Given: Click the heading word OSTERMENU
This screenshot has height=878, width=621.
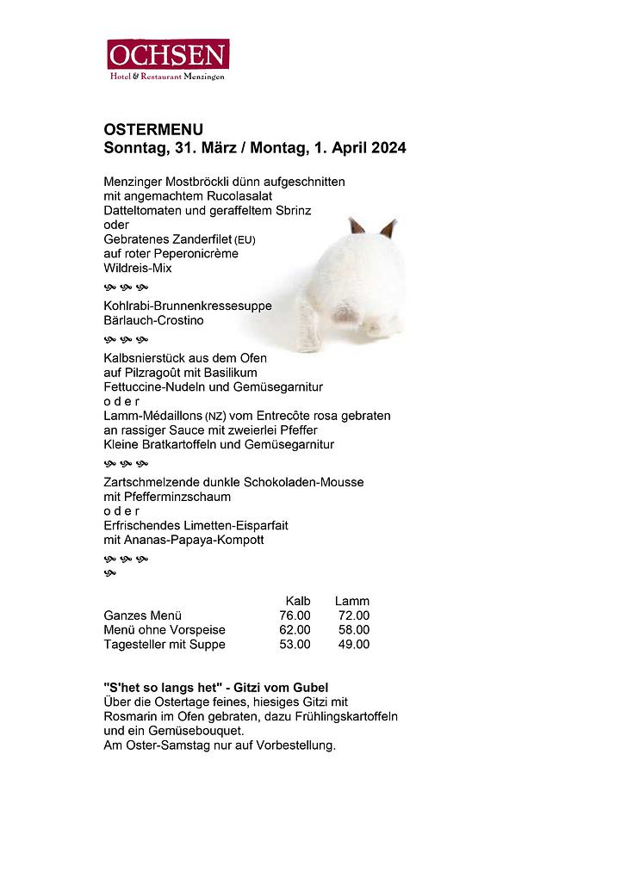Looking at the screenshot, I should [x=153, y=130].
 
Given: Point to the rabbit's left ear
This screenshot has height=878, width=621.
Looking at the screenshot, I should [x=356, y=227].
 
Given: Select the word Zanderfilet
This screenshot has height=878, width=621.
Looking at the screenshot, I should [x=200, y=239].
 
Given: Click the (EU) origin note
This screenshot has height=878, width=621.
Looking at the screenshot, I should [x=245, y=240].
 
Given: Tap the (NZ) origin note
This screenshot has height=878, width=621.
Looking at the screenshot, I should [x=215, y=417].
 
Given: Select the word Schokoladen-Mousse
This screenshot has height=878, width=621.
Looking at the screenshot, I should [x=304, y=482].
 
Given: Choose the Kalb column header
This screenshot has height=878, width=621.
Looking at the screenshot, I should [x=298, y=601].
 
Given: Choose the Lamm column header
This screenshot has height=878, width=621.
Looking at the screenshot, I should [x=352, y=601].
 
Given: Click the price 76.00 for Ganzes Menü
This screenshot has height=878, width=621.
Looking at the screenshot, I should [x=295, y=615].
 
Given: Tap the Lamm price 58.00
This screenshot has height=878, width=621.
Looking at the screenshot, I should [x=353, y=630].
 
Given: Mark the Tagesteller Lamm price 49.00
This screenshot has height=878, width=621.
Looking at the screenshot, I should [x=353, y=645].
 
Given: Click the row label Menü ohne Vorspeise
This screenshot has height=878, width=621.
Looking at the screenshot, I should [x=165, y=630].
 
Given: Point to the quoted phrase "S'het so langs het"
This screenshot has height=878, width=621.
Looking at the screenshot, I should [x=157, y=688].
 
